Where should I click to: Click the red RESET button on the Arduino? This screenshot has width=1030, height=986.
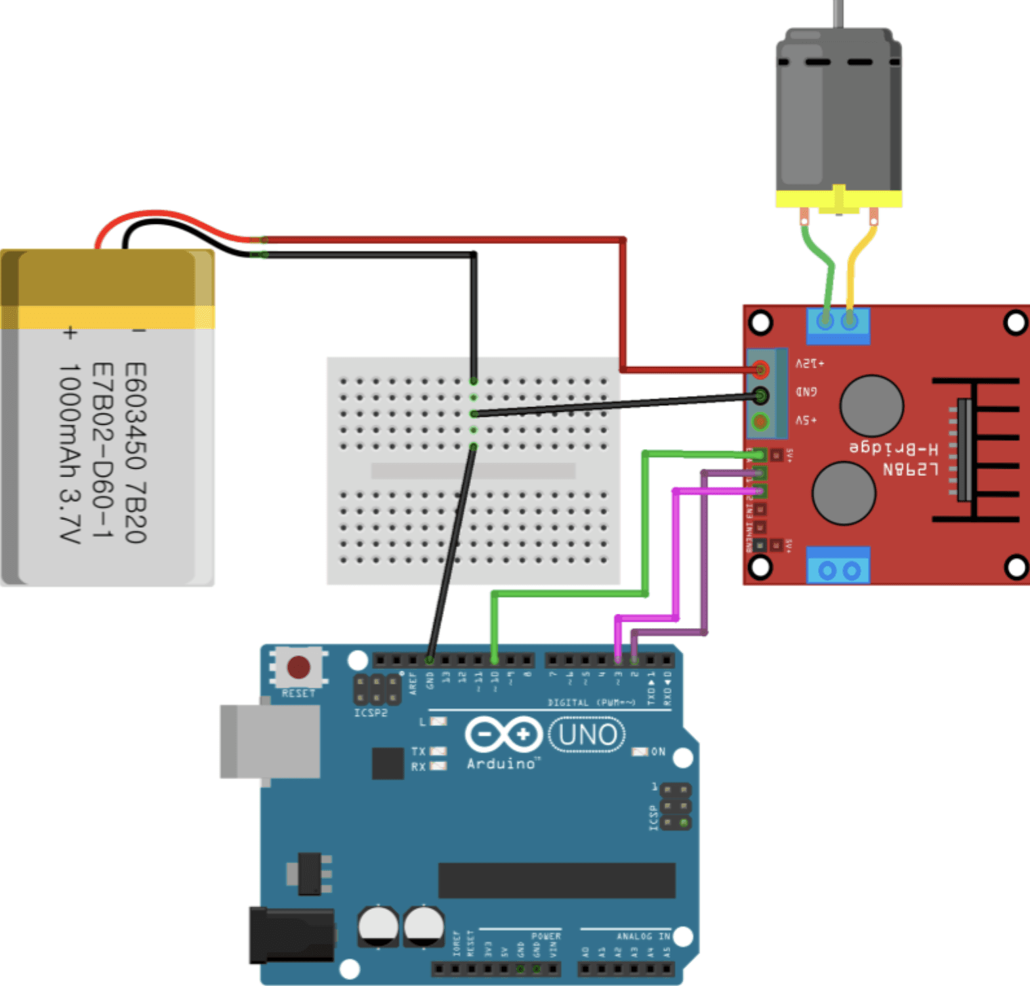(299, 667)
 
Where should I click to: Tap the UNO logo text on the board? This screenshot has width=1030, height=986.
(587, 735)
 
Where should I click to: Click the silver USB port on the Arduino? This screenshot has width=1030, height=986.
(270, 742)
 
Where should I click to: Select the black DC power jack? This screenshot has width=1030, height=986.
(292, 935)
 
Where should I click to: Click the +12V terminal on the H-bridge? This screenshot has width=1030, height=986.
(760, 370)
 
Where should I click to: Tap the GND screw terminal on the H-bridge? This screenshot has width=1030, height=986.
(760, 396)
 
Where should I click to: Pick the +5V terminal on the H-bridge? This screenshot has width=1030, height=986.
(760, 421)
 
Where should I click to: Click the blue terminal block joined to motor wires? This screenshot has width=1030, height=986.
(838, 324)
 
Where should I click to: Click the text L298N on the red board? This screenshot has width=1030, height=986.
(910, 469)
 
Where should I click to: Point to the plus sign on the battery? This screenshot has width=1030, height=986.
(70, 333)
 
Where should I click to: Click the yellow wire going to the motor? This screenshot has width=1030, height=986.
(856, 263)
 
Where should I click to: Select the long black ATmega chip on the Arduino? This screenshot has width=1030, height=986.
(556, 880)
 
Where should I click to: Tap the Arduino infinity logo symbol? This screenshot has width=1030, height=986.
(503, 735)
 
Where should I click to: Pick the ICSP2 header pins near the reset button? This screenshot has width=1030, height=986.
(377, 689)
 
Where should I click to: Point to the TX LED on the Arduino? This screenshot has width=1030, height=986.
(438, 751)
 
